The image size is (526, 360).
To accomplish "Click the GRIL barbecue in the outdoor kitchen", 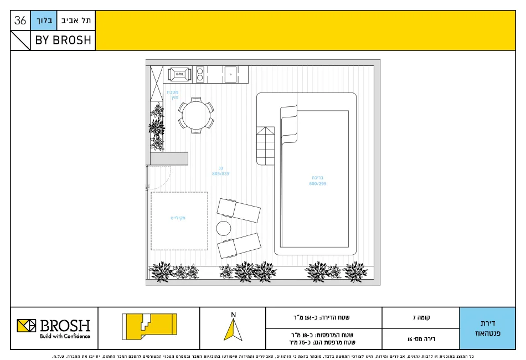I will click(x=180, y=74).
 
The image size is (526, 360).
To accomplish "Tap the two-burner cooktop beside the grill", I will click(x=200, y=74).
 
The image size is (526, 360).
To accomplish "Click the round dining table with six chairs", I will click(x=195, y=115).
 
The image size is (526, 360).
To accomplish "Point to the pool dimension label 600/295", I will click(x=317, y=184).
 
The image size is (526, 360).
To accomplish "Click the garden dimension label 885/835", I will click(x=220, y=173).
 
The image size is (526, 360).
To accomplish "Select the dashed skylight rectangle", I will click(x=179, y=221).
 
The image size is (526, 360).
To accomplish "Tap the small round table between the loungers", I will click(x=223, y=228).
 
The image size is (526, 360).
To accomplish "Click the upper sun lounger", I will click(x=239, y=210).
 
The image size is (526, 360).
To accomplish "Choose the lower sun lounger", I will click(x=239, y=245).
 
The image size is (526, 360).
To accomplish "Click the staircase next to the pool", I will click(x=265, y=146).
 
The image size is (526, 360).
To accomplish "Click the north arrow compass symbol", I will click(x=233, y=328).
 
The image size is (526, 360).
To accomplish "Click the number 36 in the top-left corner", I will click(x=20, y=21).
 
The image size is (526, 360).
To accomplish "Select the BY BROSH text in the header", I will click(x=63, y=41).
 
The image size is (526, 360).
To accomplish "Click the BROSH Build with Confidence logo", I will click(x=54, y=328).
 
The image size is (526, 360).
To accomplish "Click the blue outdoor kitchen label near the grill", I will click(x=173, y=94).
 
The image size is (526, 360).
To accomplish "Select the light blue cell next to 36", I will click(x=44, y=21).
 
